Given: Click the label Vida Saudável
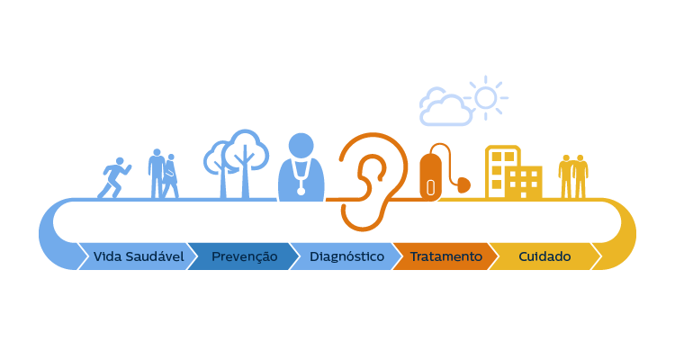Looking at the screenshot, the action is pos(139,256).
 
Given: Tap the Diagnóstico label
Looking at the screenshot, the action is pos(346,256).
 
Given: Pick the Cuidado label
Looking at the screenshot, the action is pos(544,256).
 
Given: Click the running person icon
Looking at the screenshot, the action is pos(114,178).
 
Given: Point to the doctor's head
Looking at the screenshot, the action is pos(301,146).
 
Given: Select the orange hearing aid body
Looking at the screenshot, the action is pos(430,177).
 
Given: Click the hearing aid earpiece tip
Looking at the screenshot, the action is pos(463,185).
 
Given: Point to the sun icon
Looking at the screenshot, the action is pos(486,98).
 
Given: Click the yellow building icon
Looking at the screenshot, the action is pos(513,172).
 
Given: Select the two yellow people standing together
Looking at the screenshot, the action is pos(573,177).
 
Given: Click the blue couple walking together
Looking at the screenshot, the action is pos(163,174).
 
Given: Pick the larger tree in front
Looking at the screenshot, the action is pos(246,164).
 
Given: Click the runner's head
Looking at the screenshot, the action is pos(120,161).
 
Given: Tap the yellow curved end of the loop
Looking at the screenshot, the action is pos(625,235).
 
